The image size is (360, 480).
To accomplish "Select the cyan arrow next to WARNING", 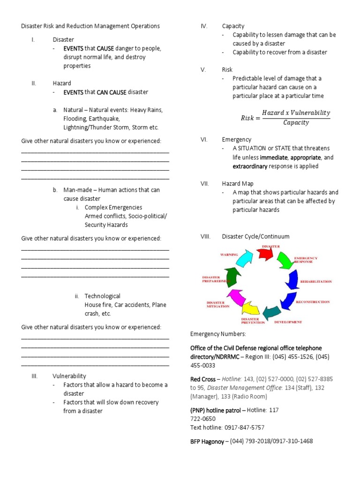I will [244, 258].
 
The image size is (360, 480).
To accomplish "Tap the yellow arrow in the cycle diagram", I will [250, 308].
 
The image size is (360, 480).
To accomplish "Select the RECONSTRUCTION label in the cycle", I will [313, 302].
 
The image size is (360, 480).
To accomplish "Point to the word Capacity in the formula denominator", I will [296, 123].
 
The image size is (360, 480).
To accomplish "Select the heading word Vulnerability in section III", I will [69, 376].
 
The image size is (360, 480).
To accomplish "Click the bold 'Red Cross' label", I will [203, 379].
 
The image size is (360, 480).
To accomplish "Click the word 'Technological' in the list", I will [102, 296].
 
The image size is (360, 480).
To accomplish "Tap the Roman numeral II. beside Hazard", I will [34, 83].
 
